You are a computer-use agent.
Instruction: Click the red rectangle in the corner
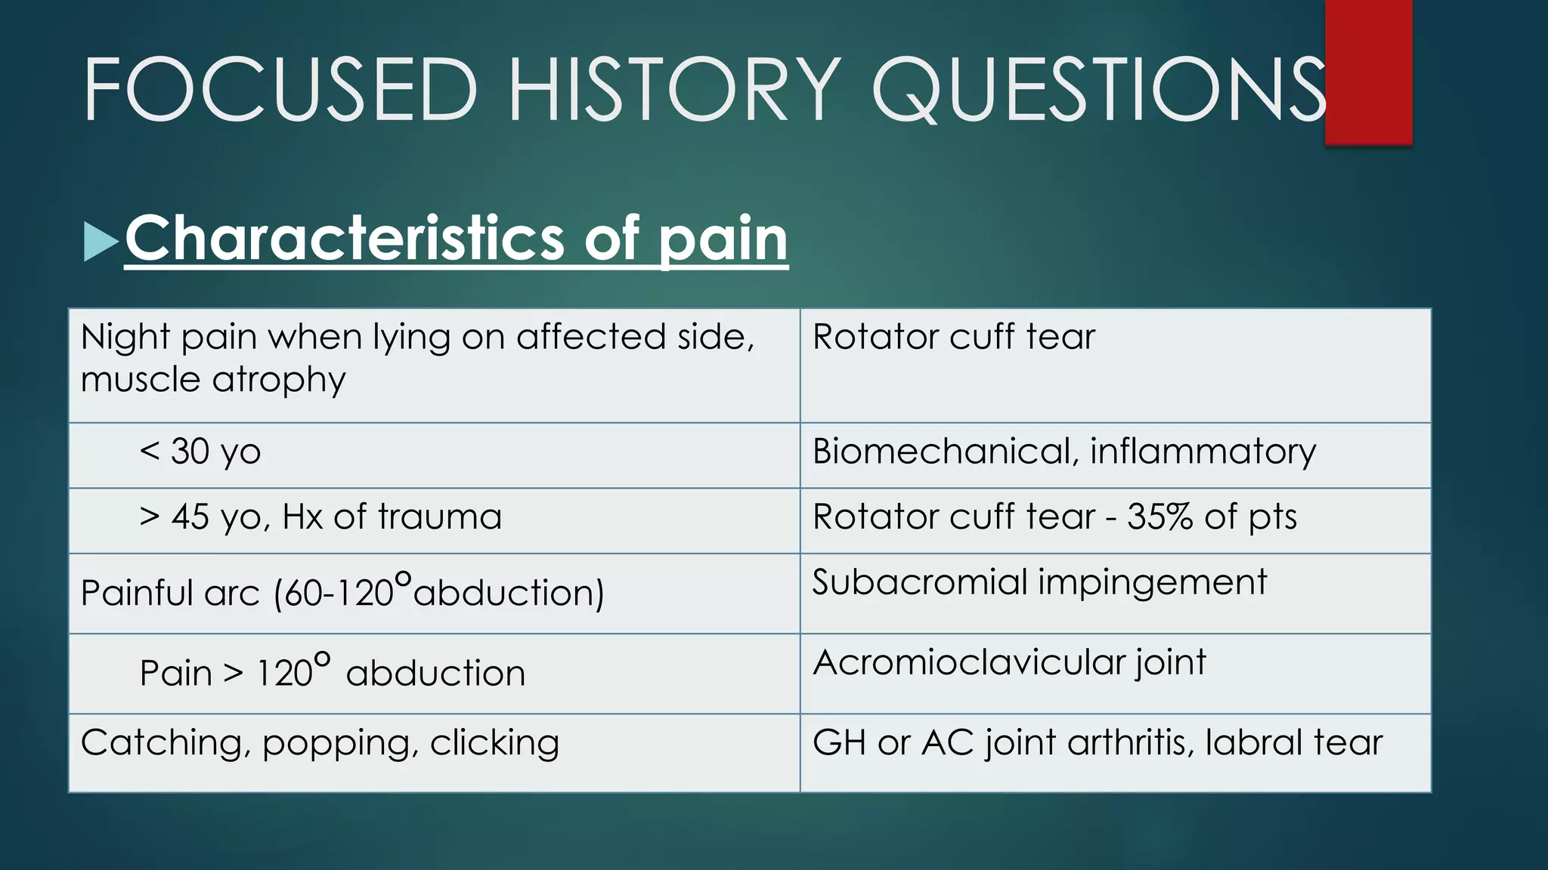click(1368, 72)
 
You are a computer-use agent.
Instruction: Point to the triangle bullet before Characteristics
click(100, 242)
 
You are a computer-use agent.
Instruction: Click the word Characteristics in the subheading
click(344, 238)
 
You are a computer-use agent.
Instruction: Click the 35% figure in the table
click(1159, 517)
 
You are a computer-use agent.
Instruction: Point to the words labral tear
click(1293, 742)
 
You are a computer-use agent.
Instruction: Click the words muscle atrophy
click(213, 380)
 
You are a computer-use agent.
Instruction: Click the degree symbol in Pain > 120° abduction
click(322, 659)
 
